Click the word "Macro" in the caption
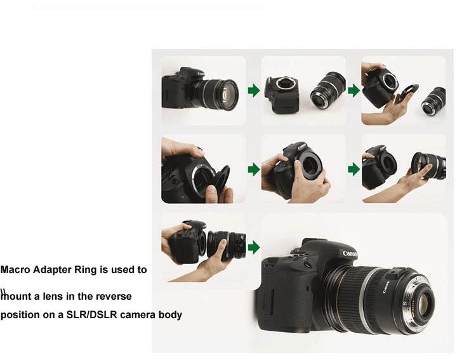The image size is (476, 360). [x=15, y=270]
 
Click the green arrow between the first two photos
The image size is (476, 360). [x=254, y=91]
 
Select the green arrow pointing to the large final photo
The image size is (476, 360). [x=254, y=247]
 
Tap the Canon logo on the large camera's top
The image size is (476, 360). [x=350, y=253]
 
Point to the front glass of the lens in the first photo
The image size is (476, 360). [x=225, y=95]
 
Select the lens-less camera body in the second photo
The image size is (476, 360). [x=282, y=95]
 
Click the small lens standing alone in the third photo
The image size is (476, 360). [x=433, y=101]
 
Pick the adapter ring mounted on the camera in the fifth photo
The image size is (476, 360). [x=309, y=166]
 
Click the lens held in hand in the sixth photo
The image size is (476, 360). [x=428, y=166]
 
